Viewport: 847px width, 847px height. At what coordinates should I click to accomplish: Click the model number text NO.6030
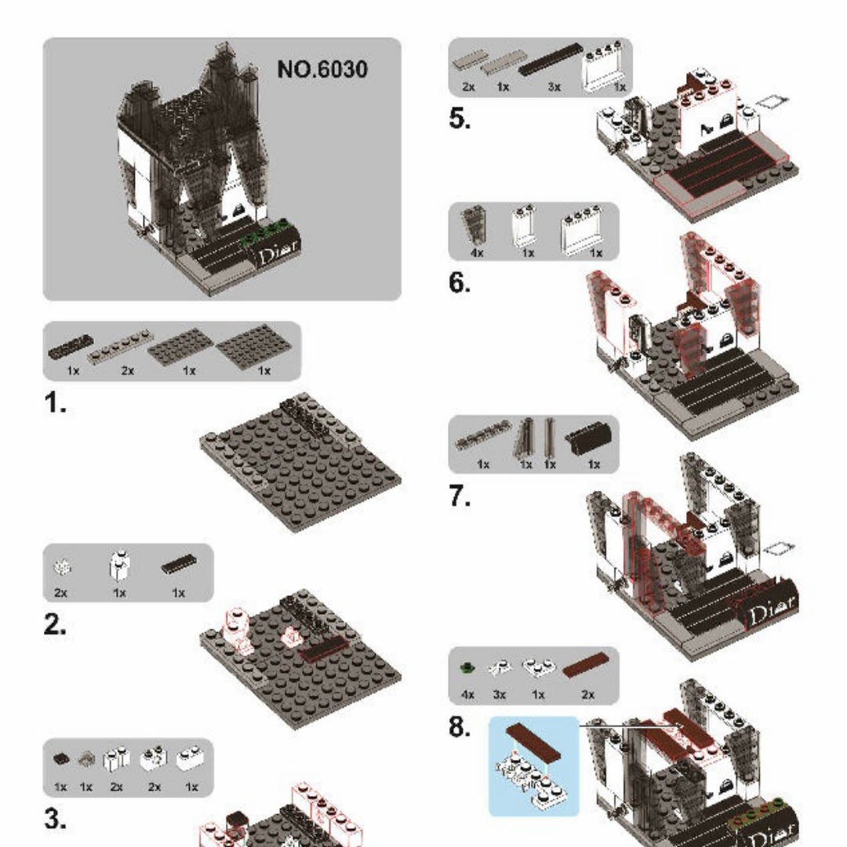click(322, 69)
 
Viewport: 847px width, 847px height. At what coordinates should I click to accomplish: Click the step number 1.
click(55, 402)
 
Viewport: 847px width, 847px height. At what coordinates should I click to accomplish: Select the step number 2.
click(55, 624)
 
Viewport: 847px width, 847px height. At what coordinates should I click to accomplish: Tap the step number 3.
click(55, 819)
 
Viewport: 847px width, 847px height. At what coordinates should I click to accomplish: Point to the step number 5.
click(460, 118)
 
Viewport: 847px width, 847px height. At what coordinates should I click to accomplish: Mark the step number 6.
click(460, 282)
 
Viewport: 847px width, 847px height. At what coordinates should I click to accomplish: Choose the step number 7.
click(460, 496)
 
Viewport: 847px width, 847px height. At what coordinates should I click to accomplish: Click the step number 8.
click(460, 726)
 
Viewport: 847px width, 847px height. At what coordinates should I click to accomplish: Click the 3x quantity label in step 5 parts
click(554, 86)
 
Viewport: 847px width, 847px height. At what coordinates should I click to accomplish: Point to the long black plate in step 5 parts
click(551, 60)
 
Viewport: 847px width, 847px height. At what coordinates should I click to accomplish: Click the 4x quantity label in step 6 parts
click(477, 253)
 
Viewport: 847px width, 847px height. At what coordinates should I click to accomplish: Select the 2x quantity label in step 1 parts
click(128, 370)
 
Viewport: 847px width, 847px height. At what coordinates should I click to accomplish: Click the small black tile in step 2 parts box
click(179, 564)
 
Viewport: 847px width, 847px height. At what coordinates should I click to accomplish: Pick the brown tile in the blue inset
click(533, 741)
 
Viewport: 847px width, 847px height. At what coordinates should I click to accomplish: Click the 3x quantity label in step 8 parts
click(499, 695)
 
